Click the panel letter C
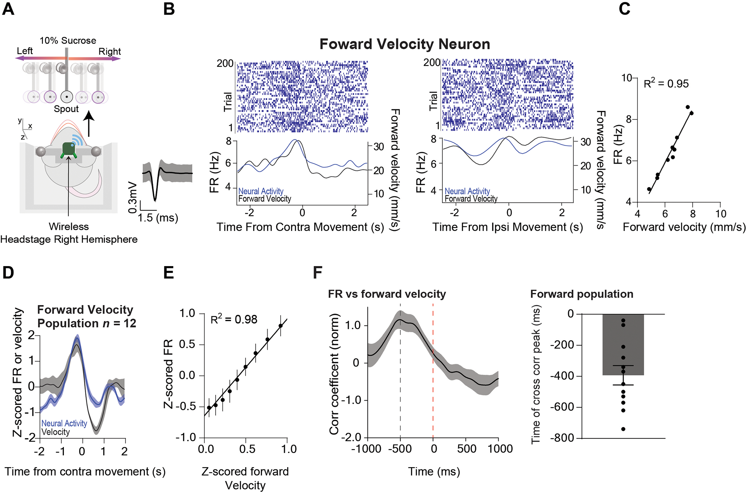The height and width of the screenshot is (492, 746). [624, 8]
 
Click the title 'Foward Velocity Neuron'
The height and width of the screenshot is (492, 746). [405, 44]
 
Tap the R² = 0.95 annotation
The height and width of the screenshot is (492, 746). [666, 83]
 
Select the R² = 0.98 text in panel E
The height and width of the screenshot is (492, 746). [234, 319]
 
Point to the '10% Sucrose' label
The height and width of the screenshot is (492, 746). [68, 41]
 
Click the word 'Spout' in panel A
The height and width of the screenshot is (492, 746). [66, 109]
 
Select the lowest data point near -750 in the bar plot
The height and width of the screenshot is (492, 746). [623, 429]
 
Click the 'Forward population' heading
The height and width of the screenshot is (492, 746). [582, 294]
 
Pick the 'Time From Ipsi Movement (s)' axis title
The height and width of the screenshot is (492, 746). [507, 227]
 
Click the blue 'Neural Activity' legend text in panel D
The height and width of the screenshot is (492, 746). [64, 423]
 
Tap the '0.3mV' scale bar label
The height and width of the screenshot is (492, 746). [133, 198]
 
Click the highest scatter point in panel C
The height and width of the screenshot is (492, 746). [687, 107]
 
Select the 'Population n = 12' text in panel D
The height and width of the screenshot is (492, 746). [86, 323]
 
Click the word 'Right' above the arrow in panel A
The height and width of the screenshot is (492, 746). [109, 51]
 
